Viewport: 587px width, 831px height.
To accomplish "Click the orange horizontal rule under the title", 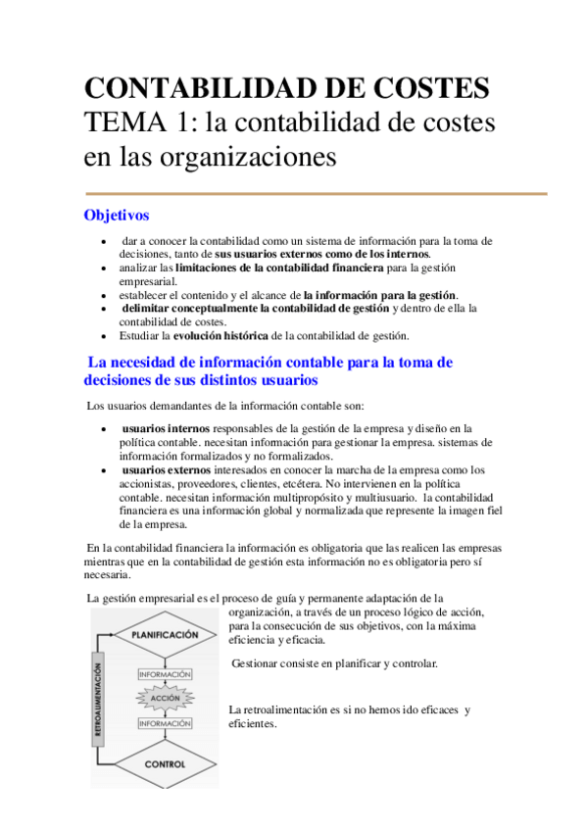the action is (x=317, y=194).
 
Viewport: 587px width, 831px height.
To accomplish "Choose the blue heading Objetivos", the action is (x=117, y=215).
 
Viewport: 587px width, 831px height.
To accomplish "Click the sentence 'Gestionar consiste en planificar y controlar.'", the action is (x=334, y=663).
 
